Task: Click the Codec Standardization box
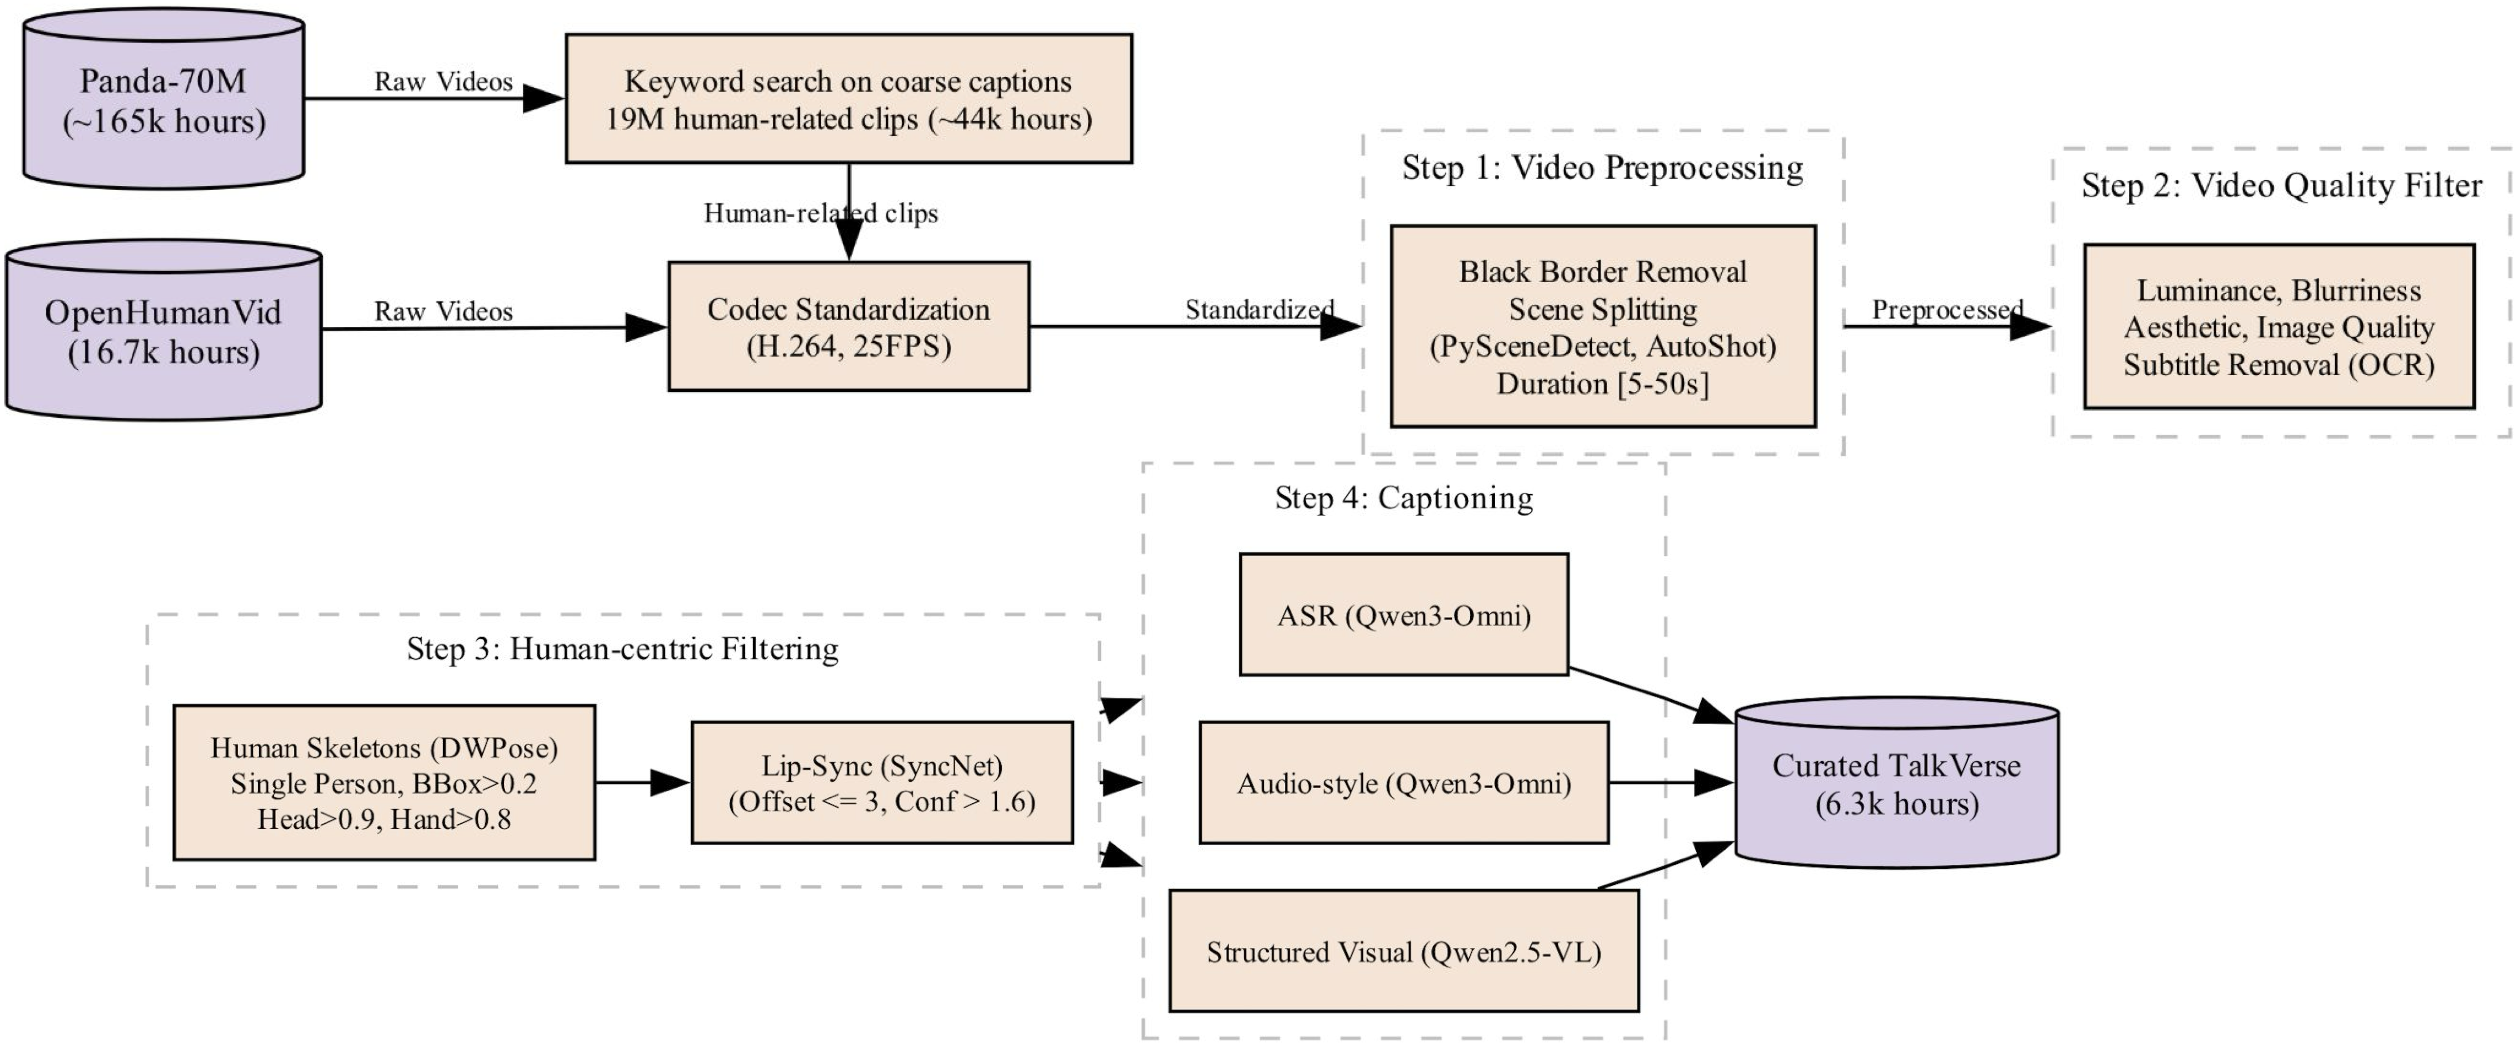coord(848,327)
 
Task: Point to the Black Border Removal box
coord(1603,327)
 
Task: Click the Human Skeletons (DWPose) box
coord(383,783)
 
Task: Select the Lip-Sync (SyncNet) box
coord(881,783)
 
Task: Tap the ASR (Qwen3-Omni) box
coord(1403,615)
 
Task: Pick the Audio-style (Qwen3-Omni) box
coord(1403,783)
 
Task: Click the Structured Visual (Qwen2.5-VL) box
coord(1403,952)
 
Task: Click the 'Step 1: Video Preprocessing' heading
coord(1603,168)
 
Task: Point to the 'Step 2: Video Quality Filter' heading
coord(2281,185)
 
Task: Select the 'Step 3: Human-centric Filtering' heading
coord(623,649)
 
